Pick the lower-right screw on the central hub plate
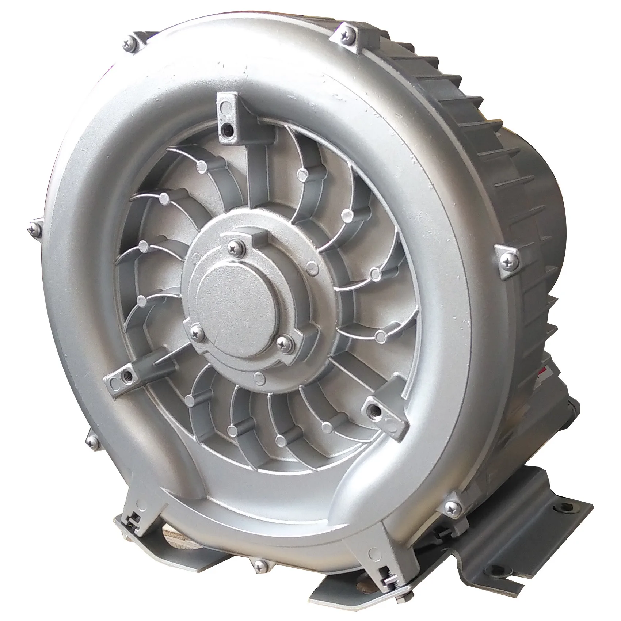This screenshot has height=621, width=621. pos(283,342)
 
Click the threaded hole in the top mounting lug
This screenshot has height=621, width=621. pos(227,128)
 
